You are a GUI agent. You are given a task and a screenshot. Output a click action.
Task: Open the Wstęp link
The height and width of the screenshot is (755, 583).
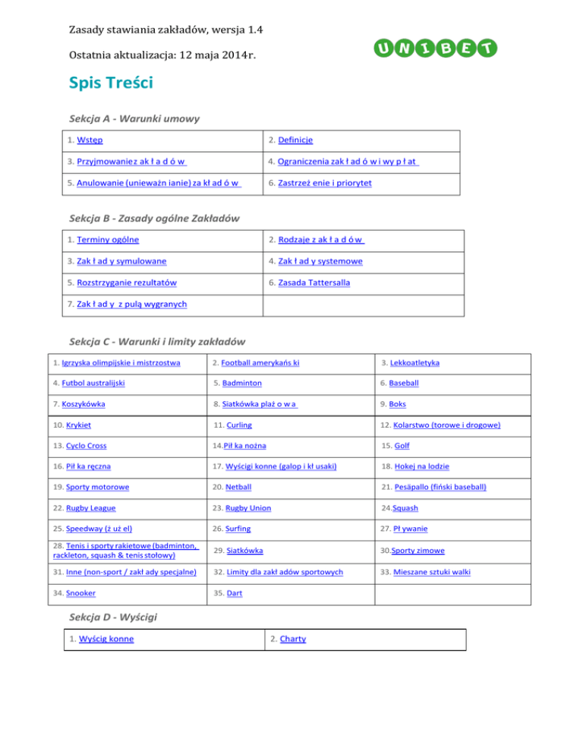(90, 141)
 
